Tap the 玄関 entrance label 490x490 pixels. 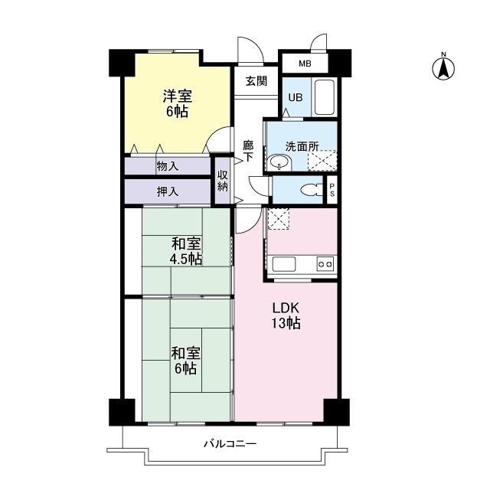pyautogui.click(x=256, y=82)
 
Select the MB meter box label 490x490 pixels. pyautogui.click(x=305, y=64)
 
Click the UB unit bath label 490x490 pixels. pyautogui.click(x=295, y=97)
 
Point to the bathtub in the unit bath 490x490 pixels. pyautogui.click(x=325, y=96)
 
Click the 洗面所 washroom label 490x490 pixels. pyautogui.click(x=300, y=145)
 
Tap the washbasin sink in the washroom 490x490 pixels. pyautogui.click(x=279, y=162)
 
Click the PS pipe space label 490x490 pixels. pyautogui.click(x=332, y=190)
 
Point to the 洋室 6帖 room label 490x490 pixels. pyautogui.click(x=177, y=103)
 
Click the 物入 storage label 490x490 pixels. pyautogui.click(x=167, y=166)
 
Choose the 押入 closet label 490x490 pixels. pyautogui.click(x=167, y=191)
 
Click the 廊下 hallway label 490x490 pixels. pyautogui.click(x=248, y=150)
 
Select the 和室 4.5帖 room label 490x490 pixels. pyautogui.click(x=186, y=251)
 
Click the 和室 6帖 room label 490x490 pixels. pyautogui.click(x=185, y=361)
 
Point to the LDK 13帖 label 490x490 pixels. pyautogui.click(x=286, y=315)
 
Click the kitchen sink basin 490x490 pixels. pyautogui.click(x=284, y=264)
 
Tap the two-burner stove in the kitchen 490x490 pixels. pyautogui.click(x=325, y=264)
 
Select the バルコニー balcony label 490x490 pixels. pyautogui.click(x=230, y=443)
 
